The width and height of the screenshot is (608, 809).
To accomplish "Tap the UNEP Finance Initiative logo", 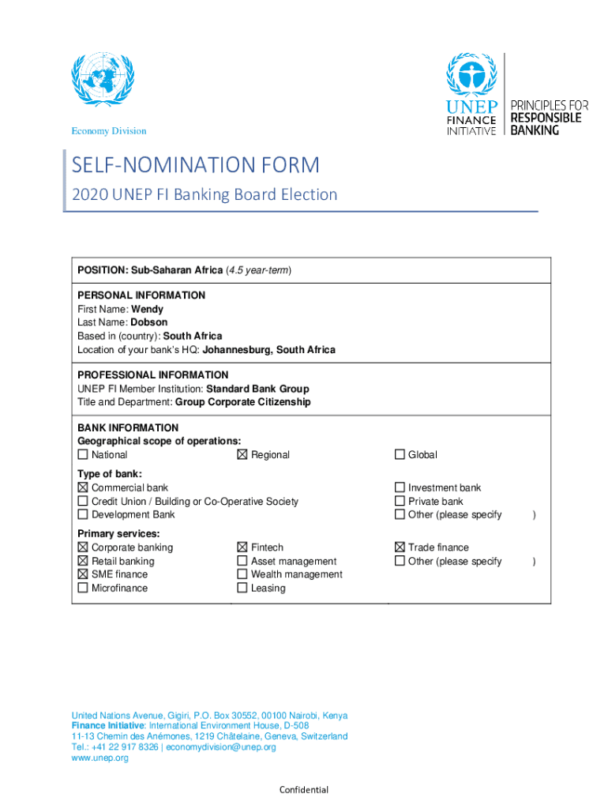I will tap(471, 94).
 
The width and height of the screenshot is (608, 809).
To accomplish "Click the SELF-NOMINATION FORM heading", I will tap(196, 166).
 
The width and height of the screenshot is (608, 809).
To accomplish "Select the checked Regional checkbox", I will tap(242, 455).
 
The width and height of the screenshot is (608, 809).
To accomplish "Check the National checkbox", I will tap(83, 455).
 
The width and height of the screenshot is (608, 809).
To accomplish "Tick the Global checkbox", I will tap(400, 455).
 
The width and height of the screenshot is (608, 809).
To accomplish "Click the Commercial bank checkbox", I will tap(83, 488).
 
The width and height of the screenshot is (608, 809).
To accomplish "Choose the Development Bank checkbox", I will tap(83, 515).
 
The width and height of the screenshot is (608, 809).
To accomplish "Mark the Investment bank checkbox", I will tap(400, 488).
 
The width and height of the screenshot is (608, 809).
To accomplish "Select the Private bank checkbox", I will tap(400, 502).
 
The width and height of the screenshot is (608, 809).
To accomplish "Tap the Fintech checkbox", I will tap(242, 547).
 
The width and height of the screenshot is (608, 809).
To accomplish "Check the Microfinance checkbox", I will tap(83, 588).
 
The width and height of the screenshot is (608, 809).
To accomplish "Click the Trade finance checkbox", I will tap(400, 547).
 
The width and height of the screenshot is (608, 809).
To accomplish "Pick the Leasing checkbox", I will tap(242, 588).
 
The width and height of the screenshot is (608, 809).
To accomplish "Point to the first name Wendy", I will tap(148, 310).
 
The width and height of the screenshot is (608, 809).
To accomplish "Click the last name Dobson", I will tap(149, 322).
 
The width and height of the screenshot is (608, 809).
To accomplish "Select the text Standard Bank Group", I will tap(257, 389).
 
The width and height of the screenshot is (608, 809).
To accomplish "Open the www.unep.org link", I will tap(99, 758).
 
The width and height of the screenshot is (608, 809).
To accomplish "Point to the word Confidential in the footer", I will tap(304, 790).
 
